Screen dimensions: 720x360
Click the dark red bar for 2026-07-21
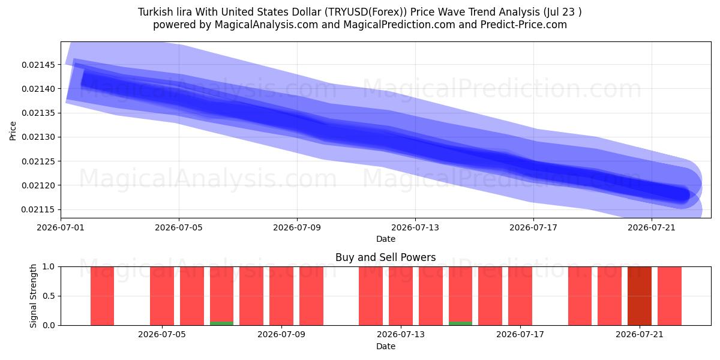click(640, 296)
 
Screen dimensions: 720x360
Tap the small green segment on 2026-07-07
click(221, 323)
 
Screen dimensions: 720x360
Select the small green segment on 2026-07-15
click(460, 323)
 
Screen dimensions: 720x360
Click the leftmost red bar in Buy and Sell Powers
click(102, 296)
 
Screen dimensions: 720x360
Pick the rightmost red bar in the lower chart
click(669, 296)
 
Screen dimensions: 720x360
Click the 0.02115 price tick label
click(38, 209)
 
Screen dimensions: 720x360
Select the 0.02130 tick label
click(38, 137)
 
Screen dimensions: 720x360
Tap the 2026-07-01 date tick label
click(61, 227)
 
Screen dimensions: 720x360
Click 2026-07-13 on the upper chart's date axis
click(415, 227)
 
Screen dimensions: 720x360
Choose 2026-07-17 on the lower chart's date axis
click(520, 335)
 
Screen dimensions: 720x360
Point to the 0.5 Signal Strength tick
click(49, 296)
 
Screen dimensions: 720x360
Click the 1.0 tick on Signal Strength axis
click(49, 267)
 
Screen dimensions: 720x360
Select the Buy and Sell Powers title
click(385, 257)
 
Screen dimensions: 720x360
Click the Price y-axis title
click(13, 131)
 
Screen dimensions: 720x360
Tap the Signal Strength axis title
click(33, 296)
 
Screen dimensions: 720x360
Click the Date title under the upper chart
click(385, 239)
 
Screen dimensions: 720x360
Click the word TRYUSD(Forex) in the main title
click(365, 12)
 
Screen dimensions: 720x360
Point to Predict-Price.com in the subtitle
click(524, 25)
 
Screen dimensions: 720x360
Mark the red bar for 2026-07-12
click(371, 296)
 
